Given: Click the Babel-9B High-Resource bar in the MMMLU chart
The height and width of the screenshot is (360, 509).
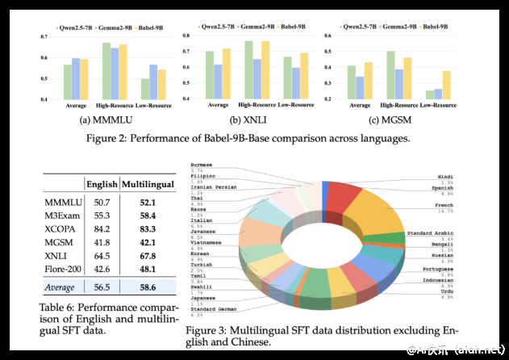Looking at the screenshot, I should click(x=123, y=72).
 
